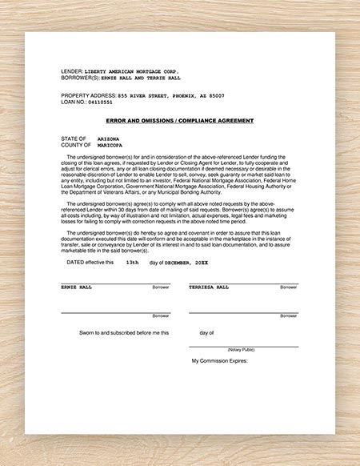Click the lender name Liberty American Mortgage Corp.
tap(130, 71)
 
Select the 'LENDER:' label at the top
tap(72, 71)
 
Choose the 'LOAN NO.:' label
tap(74, 102)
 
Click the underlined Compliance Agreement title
tap(179, 120)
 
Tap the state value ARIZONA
tap(110, 138)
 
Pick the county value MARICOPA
tap(111, 145)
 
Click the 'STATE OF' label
tap(74, 138)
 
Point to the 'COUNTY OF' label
tap(76, 145)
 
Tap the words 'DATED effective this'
tap(90, 262)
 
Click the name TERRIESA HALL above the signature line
tap(209, 286)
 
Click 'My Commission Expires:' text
tap(220, 361)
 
